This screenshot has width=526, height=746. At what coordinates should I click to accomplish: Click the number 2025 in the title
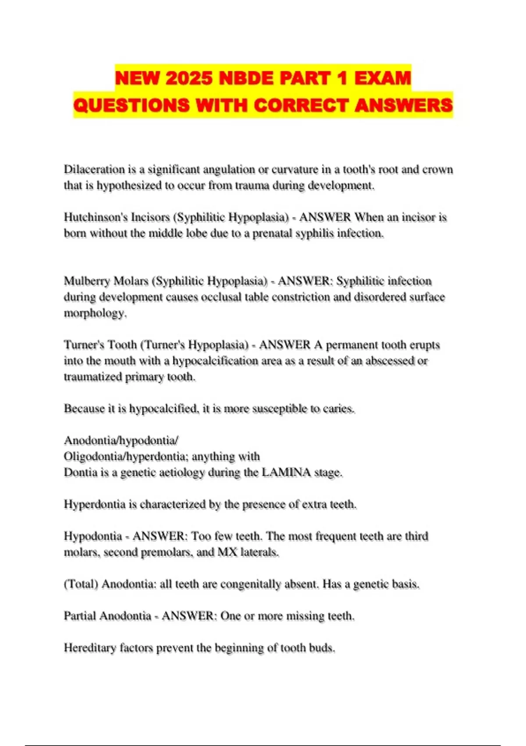[x=190, y=78]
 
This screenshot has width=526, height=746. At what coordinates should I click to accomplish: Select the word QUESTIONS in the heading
[x=131, y=105]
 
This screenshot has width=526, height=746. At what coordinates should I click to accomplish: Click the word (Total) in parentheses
[x=81, y=584]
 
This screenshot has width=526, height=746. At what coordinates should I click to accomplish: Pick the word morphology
[x=95, y=313]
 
